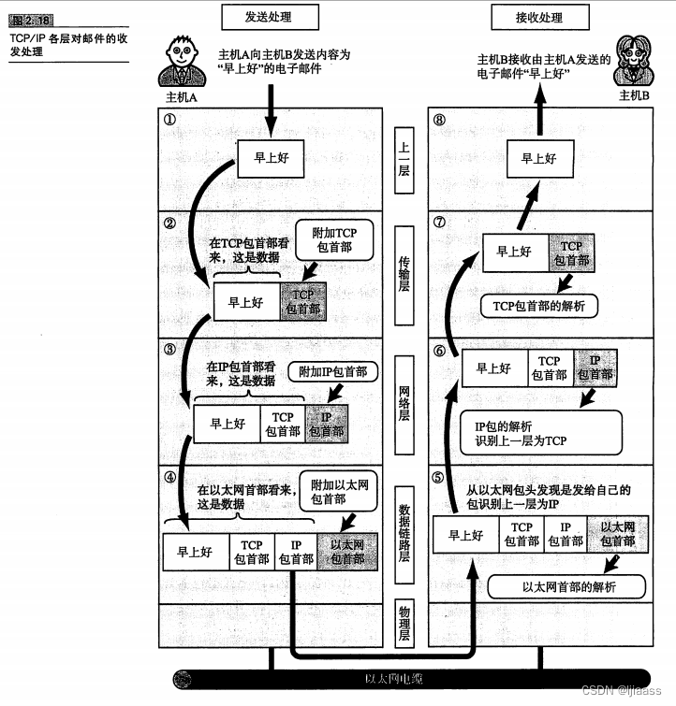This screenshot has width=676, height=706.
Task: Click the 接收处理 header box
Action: (527, 17)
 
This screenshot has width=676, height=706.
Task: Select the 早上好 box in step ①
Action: (269, 158)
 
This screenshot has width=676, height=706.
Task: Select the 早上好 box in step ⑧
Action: (537, 158)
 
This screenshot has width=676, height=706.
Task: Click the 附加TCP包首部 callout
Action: (333, 238)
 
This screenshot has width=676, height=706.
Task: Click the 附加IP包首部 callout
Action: (332, 371)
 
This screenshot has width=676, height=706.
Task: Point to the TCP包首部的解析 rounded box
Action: (538, 305)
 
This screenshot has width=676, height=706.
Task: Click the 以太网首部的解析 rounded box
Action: (567, 587)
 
